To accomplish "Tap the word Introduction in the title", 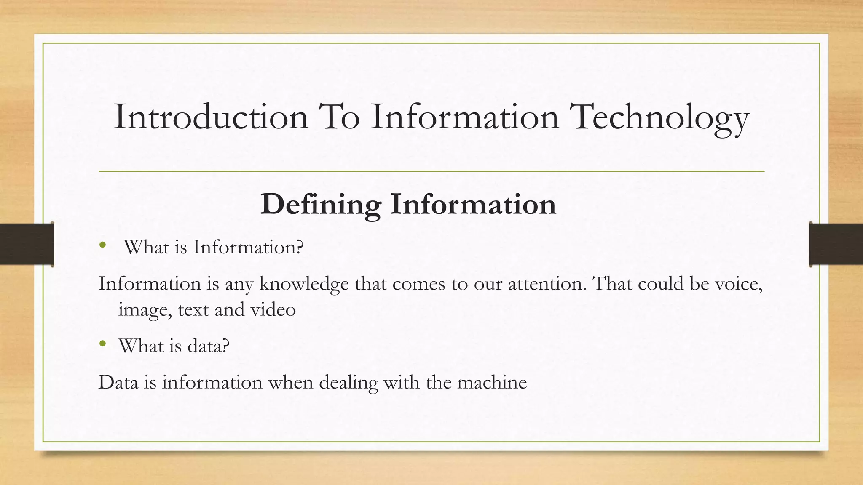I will click(211, 117).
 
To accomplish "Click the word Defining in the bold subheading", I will click(321, 205).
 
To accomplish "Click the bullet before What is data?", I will click(102, 344).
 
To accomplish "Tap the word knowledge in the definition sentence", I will click(304, 284).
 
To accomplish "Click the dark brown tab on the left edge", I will click(27, 244).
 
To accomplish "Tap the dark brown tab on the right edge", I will click(836, 244).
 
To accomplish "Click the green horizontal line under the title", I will click(431, 171).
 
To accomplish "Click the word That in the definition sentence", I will click(613, 284).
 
